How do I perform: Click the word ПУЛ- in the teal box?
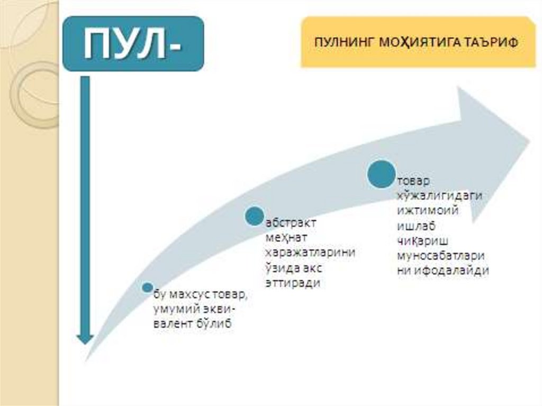132,43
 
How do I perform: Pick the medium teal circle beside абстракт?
255,216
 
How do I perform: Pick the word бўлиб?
214,324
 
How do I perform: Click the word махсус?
188,294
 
